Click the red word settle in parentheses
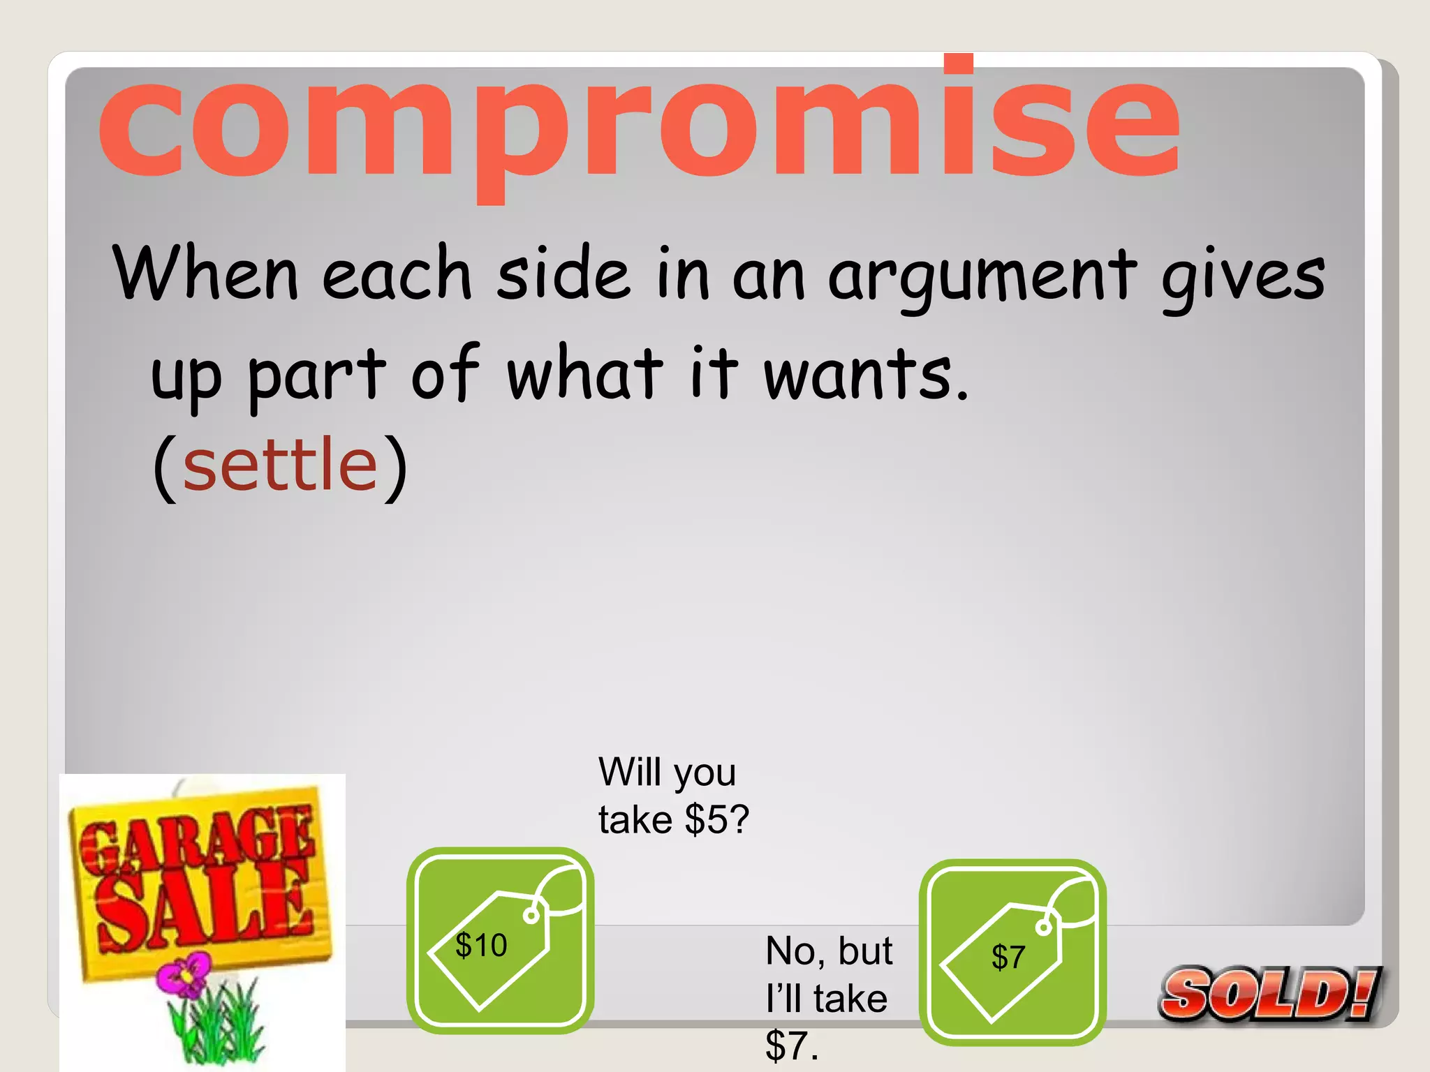point(280,464)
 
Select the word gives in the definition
point(1243,276)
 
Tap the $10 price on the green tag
point(481,945)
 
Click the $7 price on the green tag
point(1008,957)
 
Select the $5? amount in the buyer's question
point(717,819)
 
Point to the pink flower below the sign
point(184,975)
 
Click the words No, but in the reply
point(829,951)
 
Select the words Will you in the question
point(667,772)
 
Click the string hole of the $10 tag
point(531,915)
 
